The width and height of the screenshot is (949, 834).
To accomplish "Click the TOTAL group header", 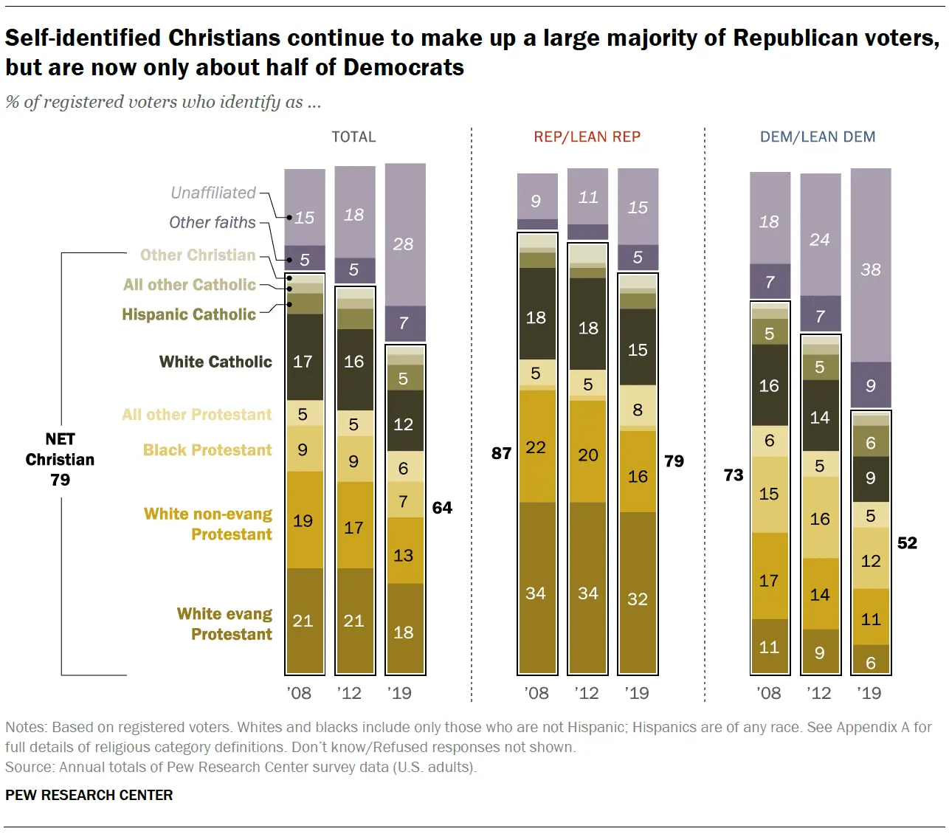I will pos(353,137).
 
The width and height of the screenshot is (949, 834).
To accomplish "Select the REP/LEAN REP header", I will pos(587,137).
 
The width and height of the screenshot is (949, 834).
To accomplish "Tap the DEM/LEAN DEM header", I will pos(818,137).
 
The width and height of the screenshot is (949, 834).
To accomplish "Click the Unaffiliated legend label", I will pos(213,193).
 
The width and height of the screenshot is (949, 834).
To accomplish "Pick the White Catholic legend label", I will pos(215,362).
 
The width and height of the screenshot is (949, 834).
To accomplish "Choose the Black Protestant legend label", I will pos(207,450).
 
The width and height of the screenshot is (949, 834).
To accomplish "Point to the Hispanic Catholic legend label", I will pos(189,314).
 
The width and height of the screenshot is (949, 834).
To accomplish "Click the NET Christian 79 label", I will pos(60,459).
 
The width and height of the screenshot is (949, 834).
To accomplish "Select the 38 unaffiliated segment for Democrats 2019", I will pos(871,269).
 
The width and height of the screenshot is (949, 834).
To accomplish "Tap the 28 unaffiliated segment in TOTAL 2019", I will pos(404,244).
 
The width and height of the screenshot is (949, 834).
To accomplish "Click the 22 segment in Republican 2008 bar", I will pos(536,447).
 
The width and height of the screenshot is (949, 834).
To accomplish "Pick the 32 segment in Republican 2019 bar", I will pos(638,599).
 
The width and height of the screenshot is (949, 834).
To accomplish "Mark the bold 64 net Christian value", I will pos(442,508).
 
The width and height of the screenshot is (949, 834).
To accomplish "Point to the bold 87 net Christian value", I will pos(502,453).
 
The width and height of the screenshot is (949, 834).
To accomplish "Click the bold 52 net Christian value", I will pos(907,543).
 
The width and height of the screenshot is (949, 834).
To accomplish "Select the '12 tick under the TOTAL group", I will pos(349,693).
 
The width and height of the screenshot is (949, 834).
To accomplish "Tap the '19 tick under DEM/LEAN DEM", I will pos(869,693).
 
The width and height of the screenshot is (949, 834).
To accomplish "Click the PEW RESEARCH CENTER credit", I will pos(89,795).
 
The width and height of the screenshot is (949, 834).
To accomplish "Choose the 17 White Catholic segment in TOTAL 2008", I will pos(303,362).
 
